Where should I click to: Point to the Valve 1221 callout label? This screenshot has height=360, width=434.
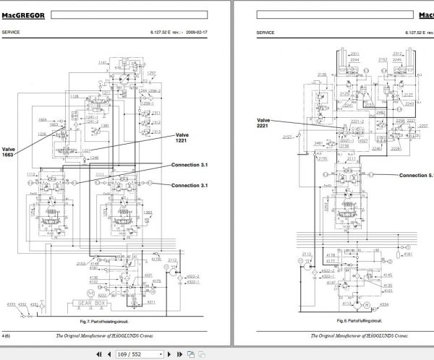[186, 138]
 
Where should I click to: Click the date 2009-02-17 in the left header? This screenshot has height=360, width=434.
[197, 33]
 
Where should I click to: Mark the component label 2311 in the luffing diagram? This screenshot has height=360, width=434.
[354, 55]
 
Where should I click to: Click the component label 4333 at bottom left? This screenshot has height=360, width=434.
[12, 304]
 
